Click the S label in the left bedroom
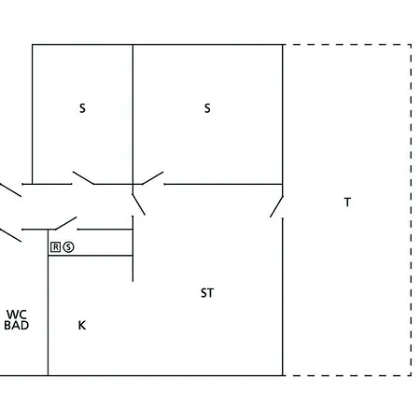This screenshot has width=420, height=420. pyautogui.click(x=82, y=108)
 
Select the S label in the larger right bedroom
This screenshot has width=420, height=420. pyautogui.click(x=207, y=108)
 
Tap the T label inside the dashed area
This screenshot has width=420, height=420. pyautogui.click(x=347, y=203)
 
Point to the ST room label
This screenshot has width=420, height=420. pyautogui.click(x=207, y=293)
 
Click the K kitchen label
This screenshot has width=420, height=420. pyautogui.click(x=82, y=326)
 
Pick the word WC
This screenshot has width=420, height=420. pyautogui.click(x=17, y=315)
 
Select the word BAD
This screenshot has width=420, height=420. pyautogui.click(x=17, y=326)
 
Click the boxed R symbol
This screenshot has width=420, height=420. pyautogui.click(x=55, y=247)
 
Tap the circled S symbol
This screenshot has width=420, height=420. pyautogui.click(x=68, y=247)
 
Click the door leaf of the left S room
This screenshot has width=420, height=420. pyautogui.click(x=83, y=177)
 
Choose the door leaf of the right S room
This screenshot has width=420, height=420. pyautogui.click(x=153, y=178)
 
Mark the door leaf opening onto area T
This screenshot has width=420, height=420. pyautogui.click(x=276, y=206)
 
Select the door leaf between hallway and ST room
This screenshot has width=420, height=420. pyautogui.click(x=138, y=204)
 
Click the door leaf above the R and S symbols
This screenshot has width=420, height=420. pyautogui.click(x=66, y=223)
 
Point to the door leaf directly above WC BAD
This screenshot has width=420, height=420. pyautogui.click(x=10, y=235)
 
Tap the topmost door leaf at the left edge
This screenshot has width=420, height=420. pyautogui.click(x=10, y=190)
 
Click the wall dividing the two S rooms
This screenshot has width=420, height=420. pyautogui.click(x=133, y=114)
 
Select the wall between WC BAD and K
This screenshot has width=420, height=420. pyautogui.click(x=49, y=302)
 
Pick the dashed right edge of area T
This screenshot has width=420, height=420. pyautogui.click(x=411, y=210)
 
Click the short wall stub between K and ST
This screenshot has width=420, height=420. pyautogui.click(x=133, y=248)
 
